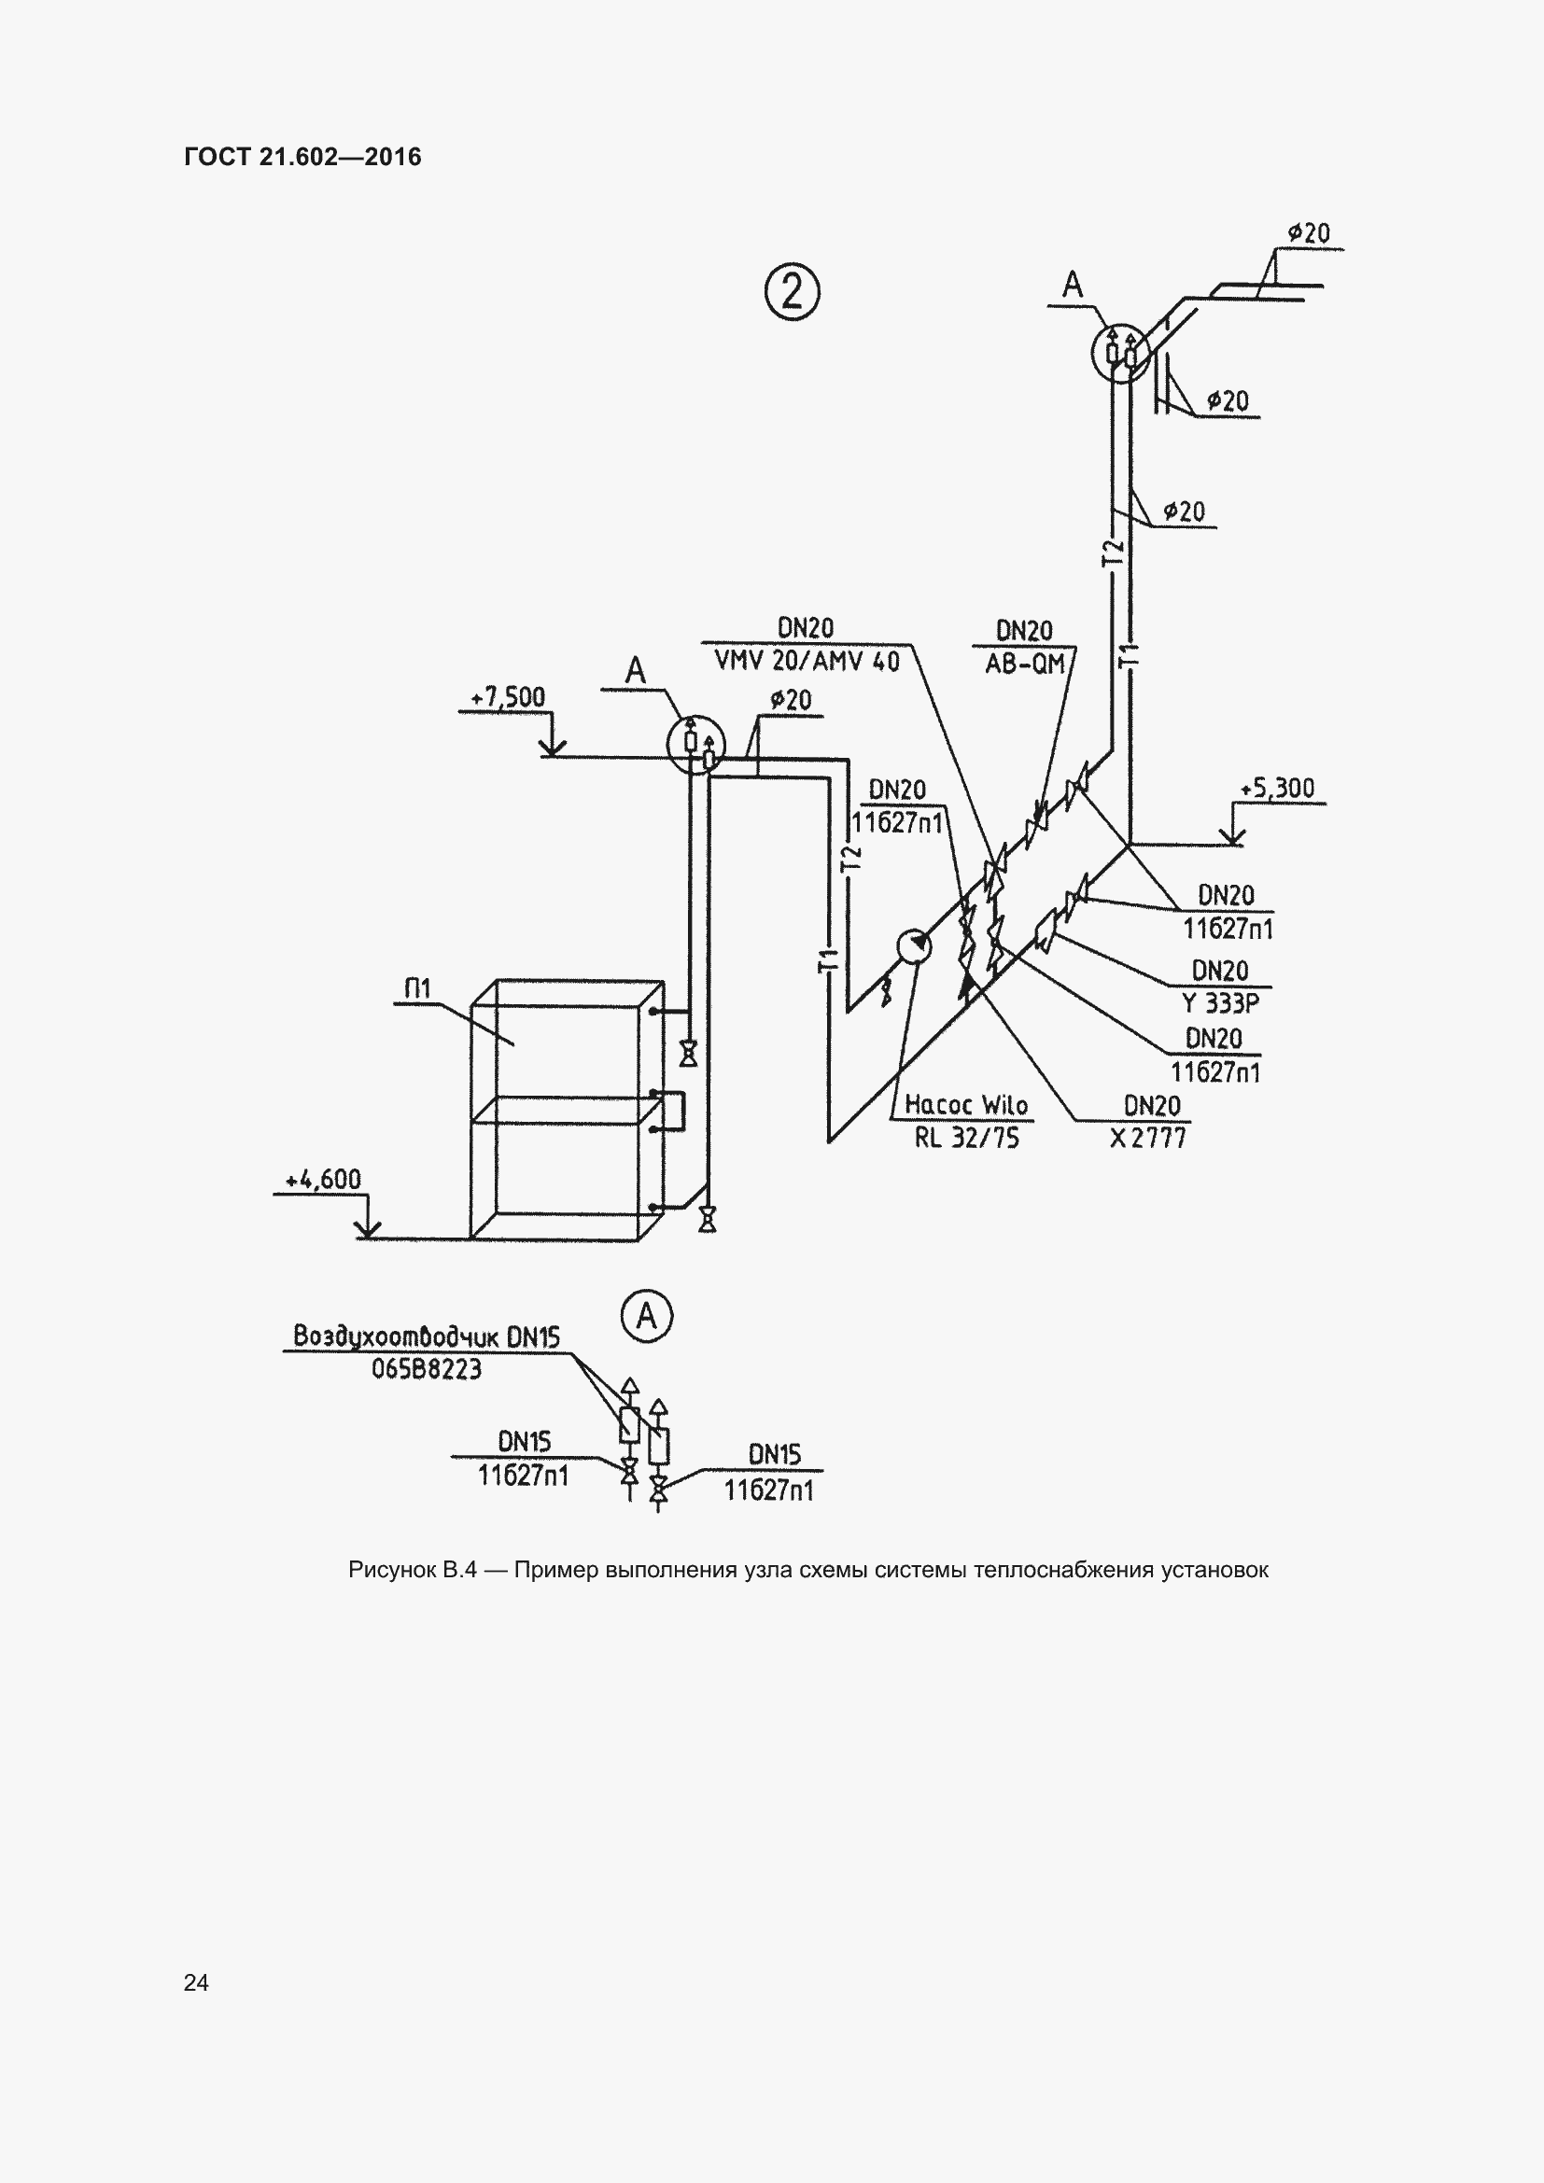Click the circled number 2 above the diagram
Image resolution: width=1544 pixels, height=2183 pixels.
click(x=791, y=291)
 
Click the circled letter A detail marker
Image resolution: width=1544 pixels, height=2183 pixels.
click(x=647, y=1316)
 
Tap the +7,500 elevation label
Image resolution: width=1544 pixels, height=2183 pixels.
click(x=509, y=697)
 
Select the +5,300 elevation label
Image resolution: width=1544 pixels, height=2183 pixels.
click(x=1277, y=789)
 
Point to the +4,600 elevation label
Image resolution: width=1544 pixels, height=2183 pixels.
click(x=323, y=1180)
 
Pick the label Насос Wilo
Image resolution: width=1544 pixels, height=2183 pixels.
click(x=966, y=1105)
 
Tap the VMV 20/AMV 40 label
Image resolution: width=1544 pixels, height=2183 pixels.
click(x=807, y=661)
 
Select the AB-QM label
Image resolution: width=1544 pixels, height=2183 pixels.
click(x=1025, y=664)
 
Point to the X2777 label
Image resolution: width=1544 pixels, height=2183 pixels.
click(x=1148, y=1138)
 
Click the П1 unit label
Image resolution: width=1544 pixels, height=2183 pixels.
click(x=417, y=989)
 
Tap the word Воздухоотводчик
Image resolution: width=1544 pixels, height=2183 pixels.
click(x=396, y=1336)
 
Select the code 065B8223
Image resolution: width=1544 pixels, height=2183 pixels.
click(x=427, y=1369)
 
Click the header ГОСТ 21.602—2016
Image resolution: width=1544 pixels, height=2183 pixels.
click(x=302, y=157)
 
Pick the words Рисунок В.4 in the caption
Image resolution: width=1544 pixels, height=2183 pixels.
click(x=413, y=1571)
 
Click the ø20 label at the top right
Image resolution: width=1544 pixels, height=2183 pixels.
click(x=1309, y=233)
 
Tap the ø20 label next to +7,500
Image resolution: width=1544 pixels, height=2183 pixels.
click(x=790, y=701)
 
